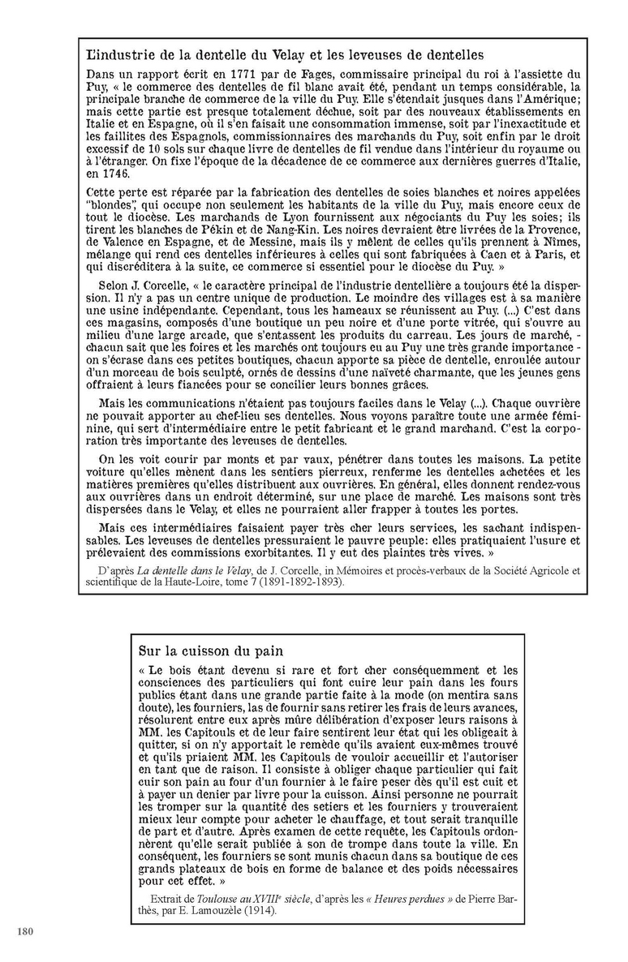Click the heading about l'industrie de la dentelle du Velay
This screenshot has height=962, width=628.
284,55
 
